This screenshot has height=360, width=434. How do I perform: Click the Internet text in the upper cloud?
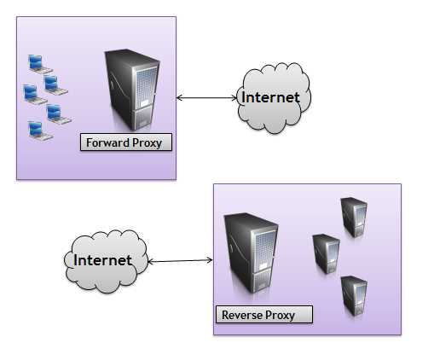271,97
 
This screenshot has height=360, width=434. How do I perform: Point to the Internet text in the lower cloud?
103,260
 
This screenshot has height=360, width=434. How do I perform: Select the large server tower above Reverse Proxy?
250,253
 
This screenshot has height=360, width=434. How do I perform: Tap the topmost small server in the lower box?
353,218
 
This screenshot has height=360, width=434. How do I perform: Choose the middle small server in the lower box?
325,253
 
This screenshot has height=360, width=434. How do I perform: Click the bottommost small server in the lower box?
353,296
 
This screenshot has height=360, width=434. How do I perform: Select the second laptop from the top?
55,84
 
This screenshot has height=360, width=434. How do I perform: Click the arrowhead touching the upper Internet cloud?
235,98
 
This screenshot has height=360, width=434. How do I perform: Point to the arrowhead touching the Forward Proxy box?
180,98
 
